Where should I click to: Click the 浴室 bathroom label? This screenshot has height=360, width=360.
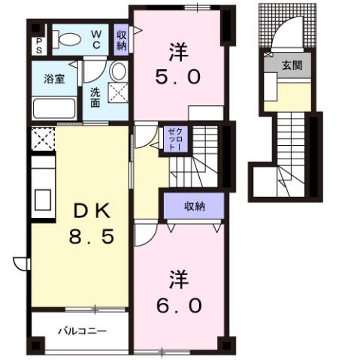(x=54, y=78)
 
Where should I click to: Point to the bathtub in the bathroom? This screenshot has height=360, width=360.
(x=54, y=108)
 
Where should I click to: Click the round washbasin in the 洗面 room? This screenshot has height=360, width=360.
(x=118, y=72)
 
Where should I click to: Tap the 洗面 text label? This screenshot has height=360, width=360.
(x=95, y=97)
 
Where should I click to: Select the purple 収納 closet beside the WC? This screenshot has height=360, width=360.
(x=122, y=39)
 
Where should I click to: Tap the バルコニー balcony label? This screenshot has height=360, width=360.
(x=82, y=331)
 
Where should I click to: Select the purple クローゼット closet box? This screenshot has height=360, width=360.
(x=171, y=138)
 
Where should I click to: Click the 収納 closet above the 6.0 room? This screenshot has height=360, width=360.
(x=194, y=205)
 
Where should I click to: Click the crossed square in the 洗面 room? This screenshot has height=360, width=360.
(x=119, y=94)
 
